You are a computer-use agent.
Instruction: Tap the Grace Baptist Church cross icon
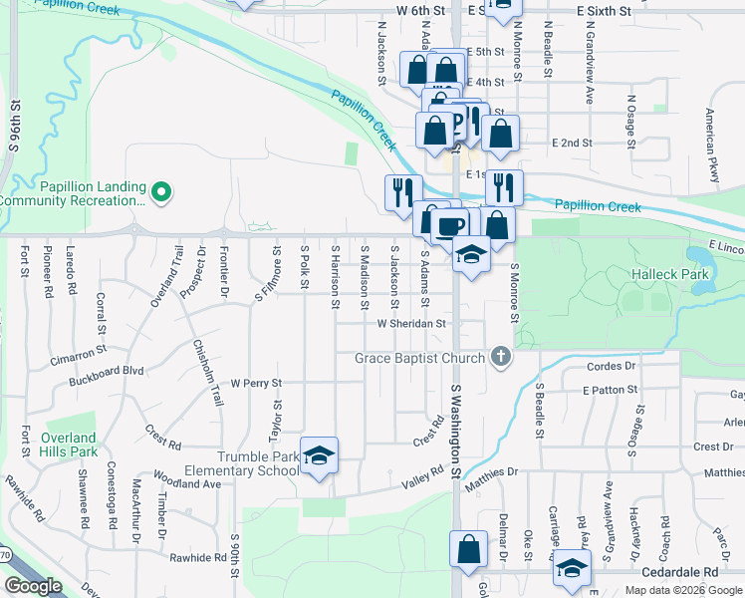[501, 358]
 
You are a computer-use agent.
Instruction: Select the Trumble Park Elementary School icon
[319, 455]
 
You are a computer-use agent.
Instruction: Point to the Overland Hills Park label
[70, 445]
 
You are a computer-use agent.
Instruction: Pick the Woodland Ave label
[189, 483]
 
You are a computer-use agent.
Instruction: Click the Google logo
[33, 586]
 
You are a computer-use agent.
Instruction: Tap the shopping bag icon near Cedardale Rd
[468, 548]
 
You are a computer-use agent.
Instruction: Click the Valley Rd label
[421, 477]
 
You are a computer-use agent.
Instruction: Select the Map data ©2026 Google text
[682, 590]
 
